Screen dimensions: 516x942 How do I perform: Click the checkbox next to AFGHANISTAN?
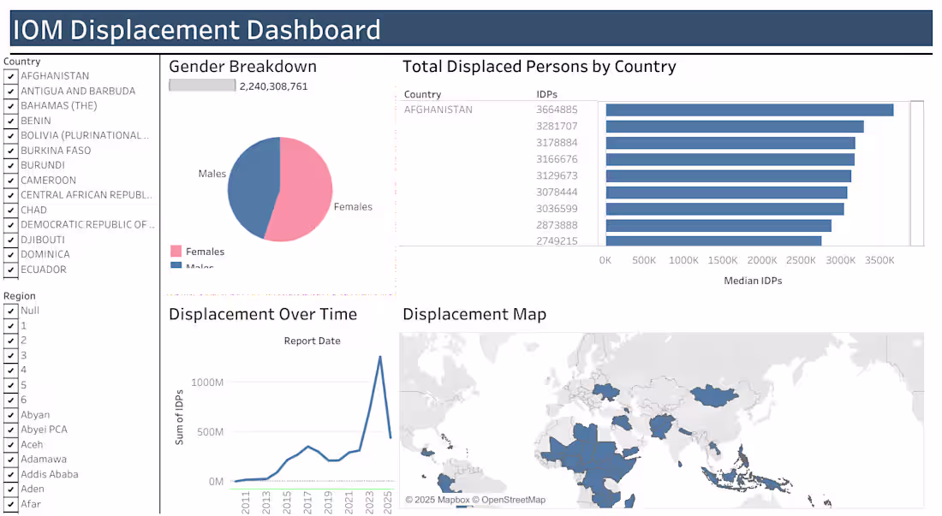[10, 76]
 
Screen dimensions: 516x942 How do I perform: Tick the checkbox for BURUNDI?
[10, 165]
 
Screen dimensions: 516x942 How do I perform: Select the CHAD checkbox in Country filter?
[10, 210]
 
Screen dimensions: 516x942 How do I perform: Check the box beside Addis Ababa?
[10, 474]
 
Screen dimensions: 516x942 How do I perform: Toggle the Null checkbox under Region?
[10, 311]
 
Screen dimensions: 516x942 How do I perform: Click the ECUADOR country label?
[44, 270]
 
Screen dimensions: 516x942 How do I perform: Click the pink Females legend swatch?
[176, 252]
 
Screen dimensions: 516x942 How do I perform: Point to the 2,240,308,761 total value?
[273, 86]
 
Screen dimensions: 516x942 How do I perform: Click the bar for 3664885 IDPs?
[749, 110]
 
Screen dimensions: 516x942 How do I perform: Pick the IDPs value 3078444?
[557, 193]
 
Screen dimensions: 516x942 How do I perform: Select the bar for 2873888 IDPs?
[718, 225]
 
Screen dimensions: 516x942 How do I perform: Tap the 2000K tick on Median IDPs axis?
[761, 260]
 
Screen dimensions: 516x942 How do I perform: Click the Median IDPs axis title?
[752, 281]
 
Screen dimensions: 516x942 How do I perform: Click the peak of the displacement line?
[379, 356]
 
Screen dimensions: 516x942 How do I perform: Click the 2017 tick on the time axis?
[307, 501]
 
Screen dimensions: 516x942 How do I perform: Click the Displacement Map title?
[474, 315]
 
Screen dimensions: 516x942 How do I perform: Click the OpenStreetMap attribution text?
[513, 500]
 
